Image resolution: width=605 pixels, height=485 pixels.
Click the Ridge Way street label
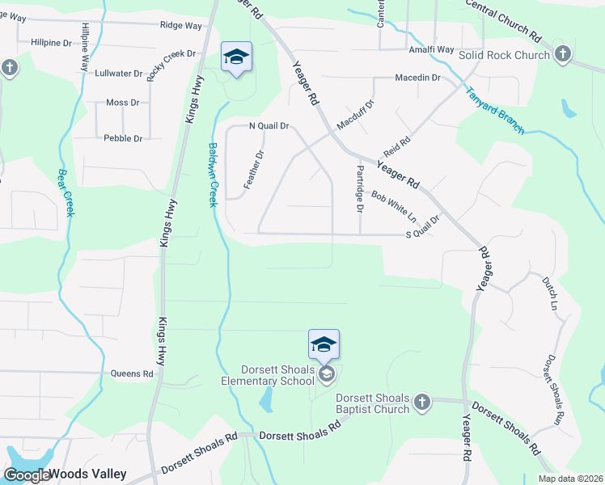tap(180, 26)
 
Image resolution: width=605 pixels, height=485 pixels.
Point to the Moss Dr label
tap(123, 103)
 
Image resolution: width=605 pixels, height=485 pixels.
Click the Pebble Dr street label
tap(123, 138)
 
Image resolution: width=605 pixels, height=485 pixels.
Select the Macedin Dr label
tap(417, 78)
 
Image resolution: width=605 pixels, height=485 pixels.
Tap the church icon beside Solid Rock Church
tap(563, 55)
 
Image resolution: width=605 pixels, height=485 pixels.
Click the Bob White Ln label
tap(394, 207)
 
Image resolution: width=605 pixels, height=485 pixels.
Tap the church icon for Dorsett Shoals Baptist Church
tap(421, 402)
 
